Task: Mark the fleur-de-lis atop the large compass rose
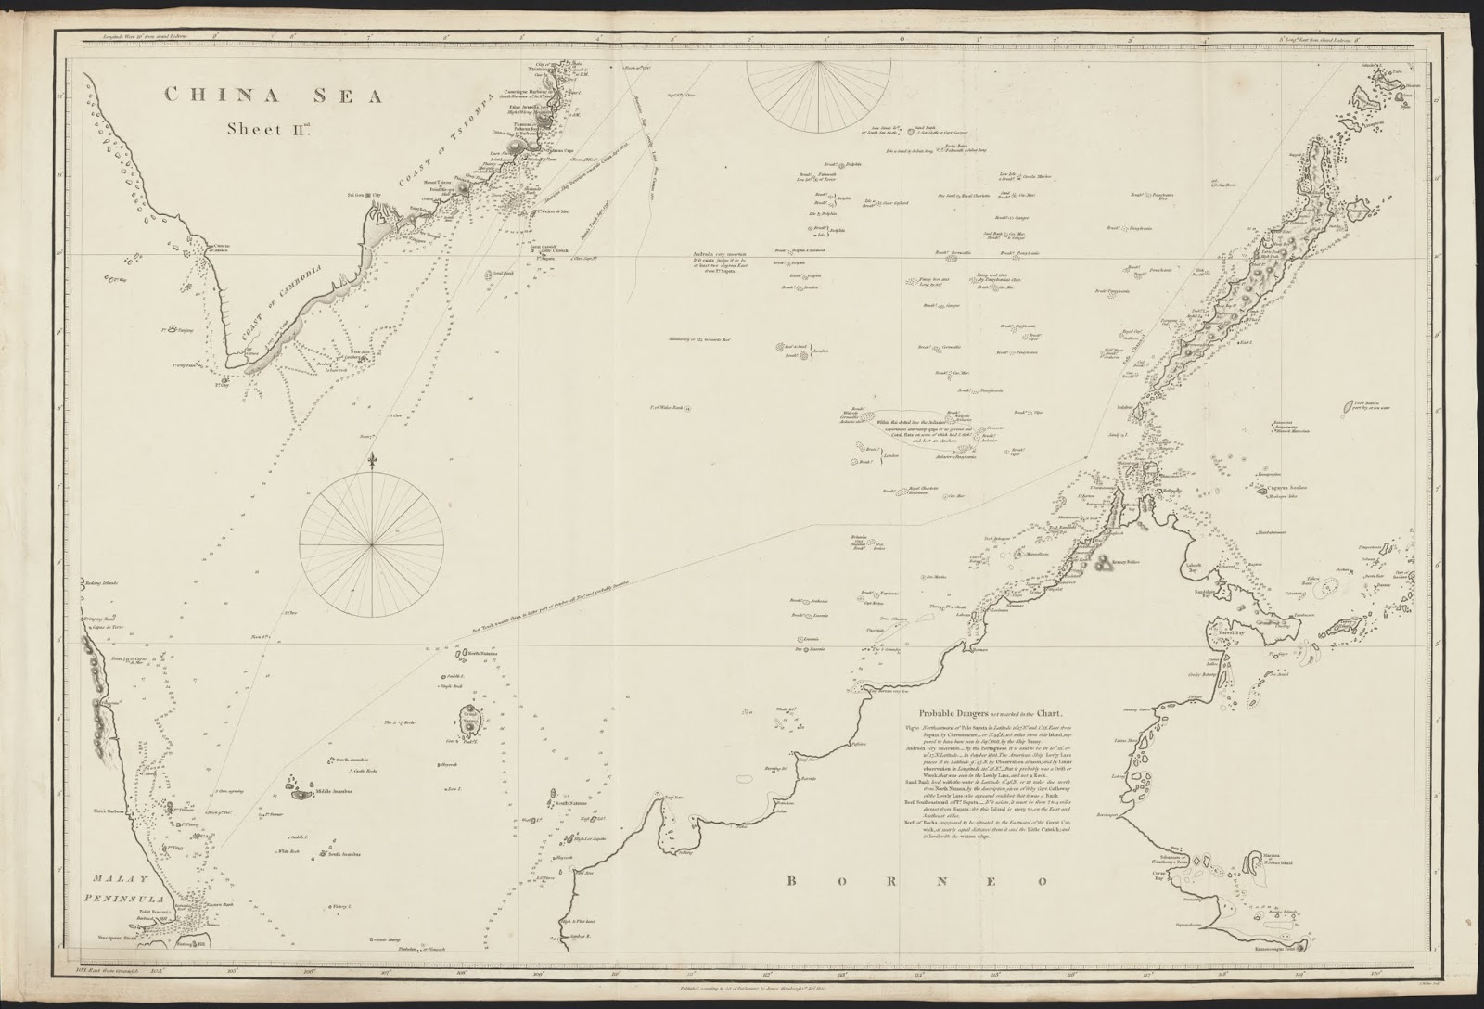(373, 461)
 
